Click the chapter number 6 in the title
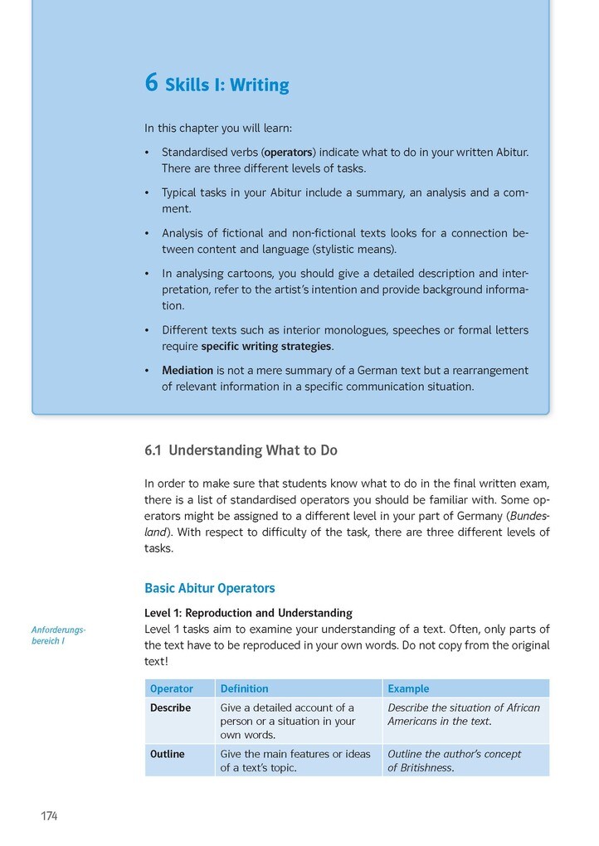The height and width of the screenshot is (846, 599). click(x=151, y=84)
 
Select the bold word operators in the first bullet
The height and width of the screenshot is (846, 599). click(x=288, y=153)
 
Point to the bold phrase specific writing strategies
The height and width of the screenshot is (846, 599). click(x=266, y=346)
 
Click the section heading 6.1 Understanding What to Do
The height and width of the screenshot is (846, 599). click(x=241, y=450)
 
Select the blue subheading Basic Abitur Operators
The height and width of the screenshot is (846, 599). click(x=209, y=588)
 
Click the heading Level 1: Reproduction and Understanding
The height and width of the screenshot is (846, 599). click(x=248, y=613)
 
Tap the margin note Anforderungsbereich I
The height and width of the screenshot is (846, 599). click(x=58, y=634)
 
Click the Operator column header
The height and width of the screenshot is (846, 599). click(x=172, y=688)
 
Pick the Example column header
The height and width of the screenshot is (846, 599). click(x=408, y=688)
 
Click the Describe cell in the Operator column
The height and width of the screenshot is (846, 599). click(x=170, y=707)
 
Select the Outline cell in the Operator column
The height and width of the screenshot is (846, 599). click(x=168, y=754)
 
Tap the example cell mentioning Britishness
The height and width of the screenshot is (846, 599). click(x=454, y=761)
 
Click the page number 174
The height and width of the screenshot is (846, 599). click(x=49, y=816)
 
